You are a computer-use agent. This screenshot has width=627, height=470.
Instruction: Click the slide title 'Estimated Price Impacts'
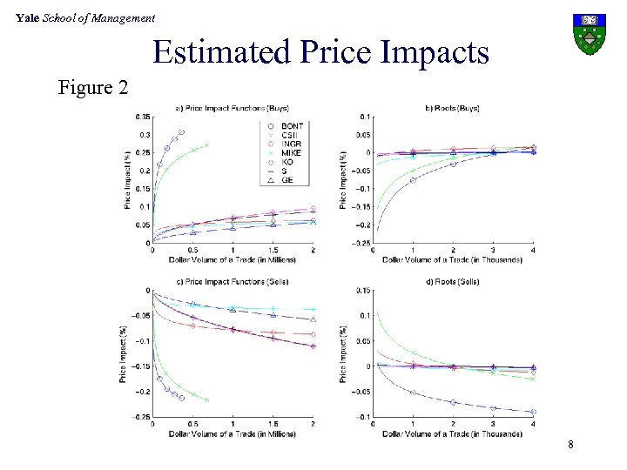[320, 52]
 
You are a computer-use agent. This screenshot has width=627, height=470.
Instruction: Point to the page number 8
[570, 446]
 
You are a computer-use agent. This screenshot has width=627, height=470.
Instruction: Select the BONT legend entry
[292, 125]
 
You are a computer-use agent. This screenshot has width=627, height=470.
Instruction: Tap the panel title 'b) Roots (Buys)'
[452, 108]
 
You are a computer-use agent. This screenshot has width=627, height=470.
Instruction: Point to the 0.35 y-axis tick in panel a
[142, 117]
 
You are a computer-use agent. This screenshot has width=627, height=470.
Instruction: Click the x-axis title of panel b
[453, 259]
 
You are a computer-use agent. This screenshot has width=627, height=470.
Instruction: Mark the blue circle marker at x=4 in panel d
[533, 412]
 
